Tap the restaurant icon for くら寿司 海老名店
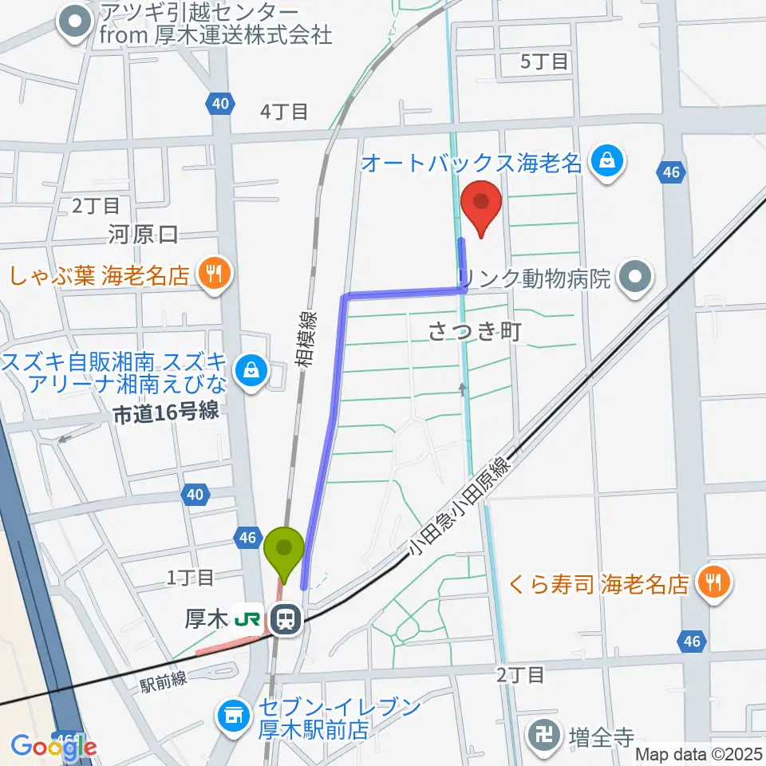click(x=711, y=583)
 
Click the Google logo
click(x=53, y=747)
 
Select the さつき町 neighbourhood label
click(x=475, y=331)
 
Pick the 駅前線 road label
click(x=163, y=679)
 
